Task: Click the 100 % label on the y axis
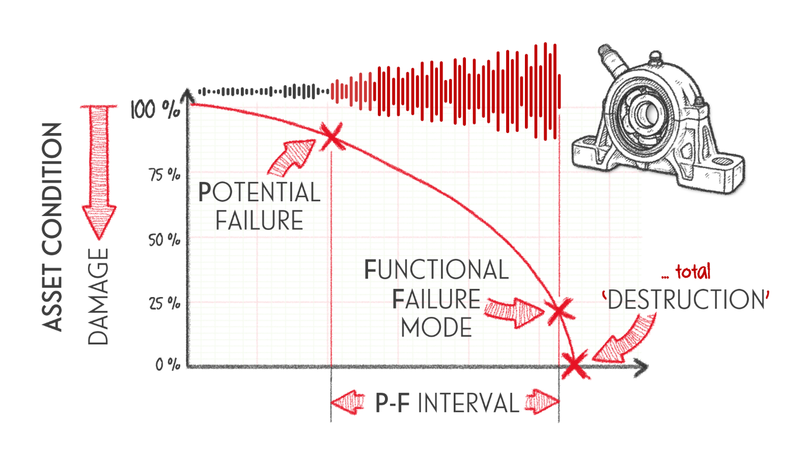[155, 109]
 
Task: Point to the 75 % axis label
[165, 175]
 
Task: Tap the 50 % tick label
[164, 240]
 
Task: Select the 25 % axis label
[165, 304]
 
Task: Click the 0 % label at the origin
[168, 365]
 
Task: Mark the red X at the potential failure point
[331, 137]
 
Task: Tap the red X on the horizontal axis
[575, 364]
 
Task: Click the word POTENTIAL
[259, 192]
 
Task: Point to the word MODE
[436, 327]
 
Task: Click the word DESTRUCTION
[686, 299]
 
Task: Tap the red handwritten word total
[693, 272]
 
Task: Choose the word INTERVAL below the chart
[468, 403]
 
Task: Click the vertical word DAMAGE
[98, 296]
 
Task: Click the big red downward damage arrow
[99, 172]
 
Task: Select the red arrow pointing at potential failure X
[292, 158]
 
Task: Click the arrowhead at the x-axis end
[641, 368]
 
